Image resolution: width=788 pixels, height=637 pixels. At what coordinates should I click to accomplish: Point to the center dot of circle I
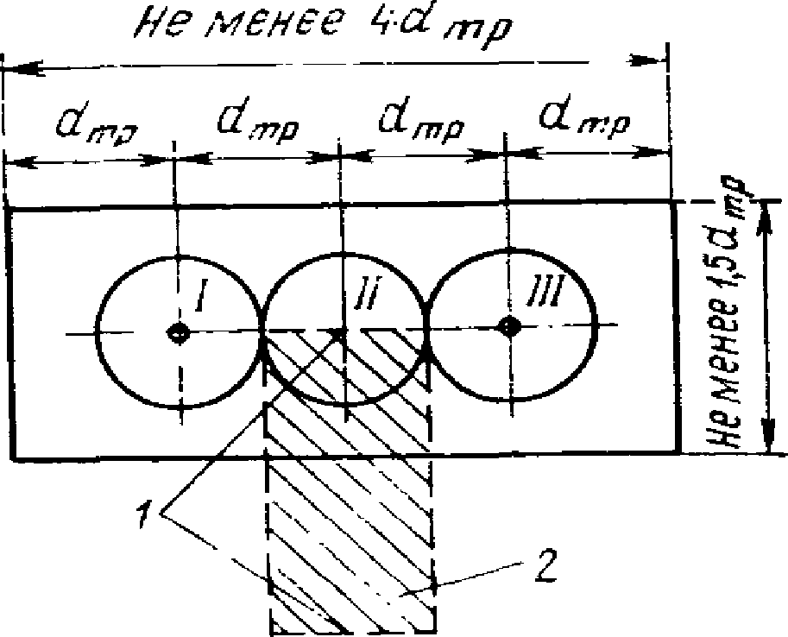coord(179,333)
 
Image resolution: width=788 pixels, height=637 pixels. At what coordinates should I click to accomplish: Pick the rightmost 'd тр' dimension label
coord(583,118)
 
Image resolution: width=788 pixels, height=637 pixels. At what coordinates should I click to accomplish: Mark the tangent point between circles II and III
coord(427,328)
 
